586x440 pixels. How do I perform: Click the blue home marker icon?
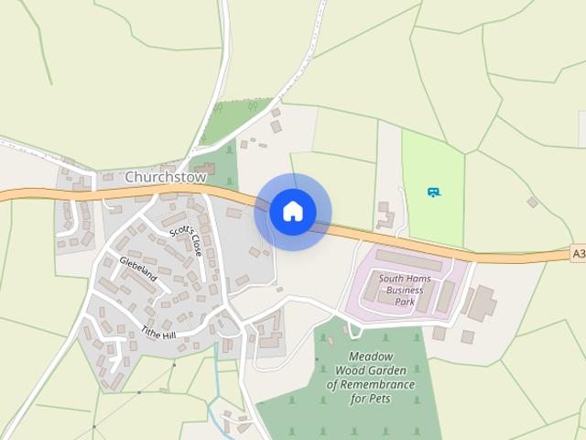pos(293,212)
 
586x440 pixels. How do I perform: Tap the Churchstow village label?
pos(166,177)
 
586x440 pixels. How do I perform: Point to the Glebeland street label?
pos(138,269)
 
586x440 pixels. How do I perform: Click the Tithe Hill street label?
pos(158,333)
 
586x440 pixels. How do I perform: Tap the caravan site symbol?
pos(434,192)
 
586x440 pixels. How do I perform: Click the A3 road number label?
pos(578,253)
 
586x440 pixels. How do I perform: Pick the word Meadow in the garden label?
pos(371,357)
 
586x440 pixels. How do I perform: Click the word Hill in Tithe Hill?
pos(168,335)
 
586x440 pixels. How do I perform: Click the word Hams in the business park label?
pos(427,279)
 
